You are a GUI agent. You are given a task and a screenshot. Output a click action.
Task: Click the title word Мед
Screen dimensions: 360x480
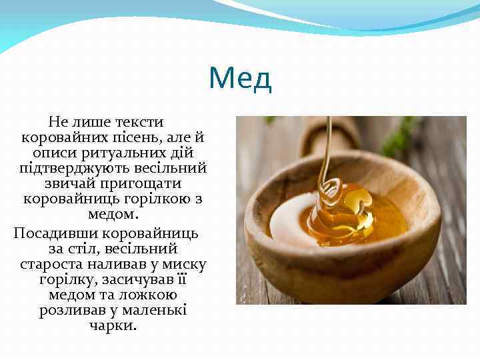point(240,79)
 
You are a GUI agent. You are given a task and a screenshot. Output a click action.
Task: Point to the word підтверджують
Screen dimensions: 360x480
point(65,168)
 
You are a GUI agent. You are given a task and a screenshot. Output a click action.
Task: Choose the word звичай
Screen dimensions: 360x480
point(71,183)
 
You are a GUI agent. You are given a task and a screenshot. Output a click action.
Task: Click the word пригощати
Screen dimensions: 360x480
point(142,183)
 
